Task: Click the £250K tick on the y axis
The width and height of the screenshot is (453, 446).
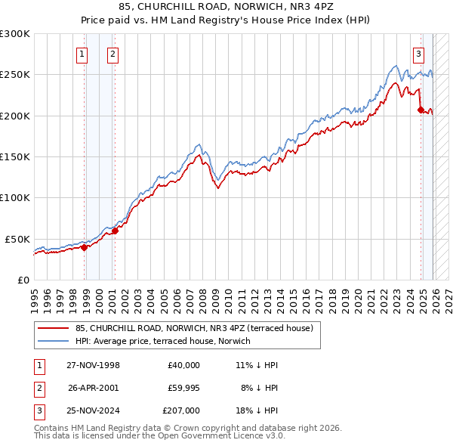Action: (15, 75)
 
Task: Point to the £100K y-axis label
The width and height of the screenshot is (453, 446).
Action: (15, 197)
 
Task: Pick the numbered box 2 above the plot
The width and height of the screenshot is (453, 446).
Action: (112, 54)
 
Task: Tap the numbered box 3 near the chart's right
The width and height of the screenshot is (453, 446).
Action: (418, 54)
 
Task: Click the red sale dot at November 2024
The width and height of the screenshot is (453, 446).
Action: (421, 110)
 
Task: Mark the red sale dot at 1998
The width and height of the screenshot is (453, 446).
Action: (85, 246)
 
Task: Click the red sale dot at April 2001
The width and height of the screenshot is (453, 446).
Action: (116, 231)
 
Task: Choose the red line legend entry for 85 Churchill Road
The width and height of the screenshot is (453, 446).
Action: (196, 328)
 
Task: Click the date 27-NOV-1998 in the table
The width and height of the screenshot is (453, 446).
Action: (94, 364)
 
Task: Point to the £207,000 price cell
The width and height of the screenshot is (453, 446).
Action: (180, 411)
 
